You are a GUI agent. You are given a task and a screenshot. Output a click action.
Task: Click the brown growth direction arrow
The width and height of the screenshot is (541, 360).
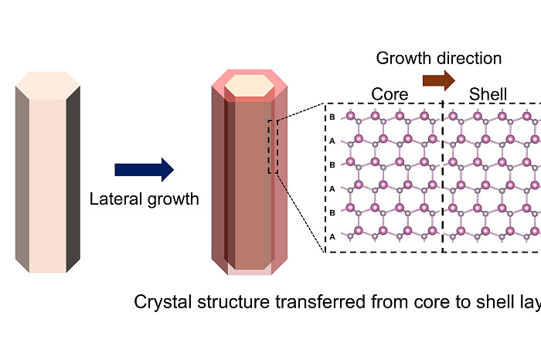pos(438,80)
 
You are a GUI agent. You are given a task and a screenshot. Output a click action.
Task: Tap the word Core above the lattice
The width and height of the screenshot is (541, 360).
pos(390,95)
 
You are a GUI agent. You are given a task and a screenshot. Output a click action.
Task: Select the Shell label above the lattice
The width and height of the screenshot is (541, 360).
pos(488,95)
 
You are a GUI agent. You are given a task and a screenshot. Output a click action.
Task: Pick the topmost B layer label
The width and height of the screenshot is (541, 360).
pos(332,117)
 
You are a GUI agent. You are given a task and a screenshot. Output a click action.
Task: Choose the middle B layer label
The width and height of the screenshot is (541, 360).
pos(332,165)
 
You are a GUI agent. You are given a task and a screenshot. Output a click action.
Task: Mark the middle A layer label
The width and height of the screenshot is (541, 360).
pos(332,188)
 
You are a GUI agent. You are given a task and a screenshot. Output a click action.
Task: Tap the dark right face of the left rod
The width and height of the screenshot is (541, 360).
pos(73,185)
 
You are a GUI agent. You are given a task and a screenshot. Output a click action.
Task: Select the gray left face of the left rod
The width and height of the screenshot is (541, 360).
pos(22,185)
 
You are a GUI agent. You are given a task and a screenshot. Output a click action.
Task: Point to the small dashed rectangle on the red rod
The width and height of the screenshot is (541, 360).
pos(272,146)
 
